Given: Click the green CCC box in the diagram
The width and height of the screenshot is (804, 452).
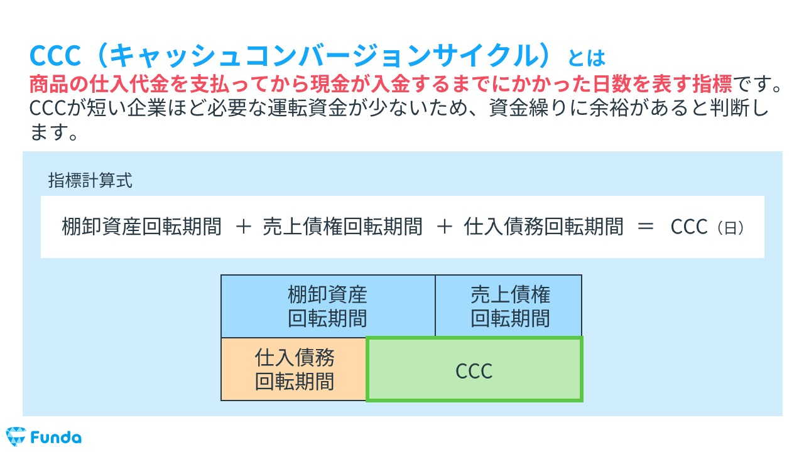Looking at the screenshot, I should pyautogui.click(x=474, y=370).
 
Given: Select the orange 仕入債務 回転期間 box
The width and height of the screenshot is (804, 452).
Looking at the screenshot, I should pyautogui.click(x=294, y=370).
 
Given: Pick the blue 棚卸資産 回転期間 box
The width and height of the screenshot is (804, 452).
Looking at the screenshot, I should pyautogui.click(x=327, y=306).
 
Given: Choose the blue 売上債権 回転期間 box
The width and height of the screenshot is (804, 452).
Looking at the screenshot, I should pyautogui.click(x=509, y=306).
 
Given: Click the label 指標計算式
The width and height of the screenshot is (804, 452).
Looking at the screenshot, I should pyautogui.click(x=90, y=181).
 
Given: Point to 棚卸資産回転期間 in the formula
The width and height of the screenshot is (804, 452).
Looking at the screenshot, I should pyautogui.click(x=141, y=227).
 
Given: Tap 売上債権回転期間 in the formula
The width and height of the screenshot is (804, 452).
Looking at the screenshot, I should pyautogui.click(x=343, y=227).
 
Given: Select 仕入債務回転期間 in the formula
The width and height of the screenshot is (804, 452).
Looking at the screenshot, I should pyautogui.click(x=544, y=227).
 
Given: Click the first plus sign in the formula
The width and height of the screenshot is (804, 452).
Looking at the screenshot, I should pyautogui.click(x=242, y=227).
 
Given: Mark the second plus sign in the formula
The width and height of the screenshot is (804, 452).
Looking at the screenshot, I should pyautogui.click(x=443, y=227).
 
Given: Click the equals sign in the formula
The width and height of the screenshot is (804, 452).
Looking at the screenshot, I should pyautogui.click(x=646, y=227).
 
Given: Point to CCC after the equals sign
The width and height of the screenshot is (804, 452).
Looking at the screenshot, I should pyautogui.click(x=689, y=227).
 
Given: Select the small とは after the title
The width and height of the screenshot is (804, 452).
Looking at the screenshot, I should pyautogui.click(x=586, y=58).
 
